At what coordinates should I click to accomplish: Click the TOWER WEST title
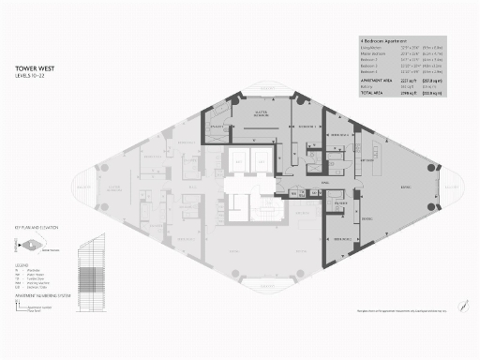click(35, 68)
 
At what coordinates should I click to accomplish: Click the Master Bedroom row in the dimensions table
click(374, 55)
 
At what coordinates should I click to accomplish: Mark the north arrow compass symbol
click(437, 308)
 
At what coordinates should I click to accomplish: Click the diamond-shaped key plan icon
click(33, 246)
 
